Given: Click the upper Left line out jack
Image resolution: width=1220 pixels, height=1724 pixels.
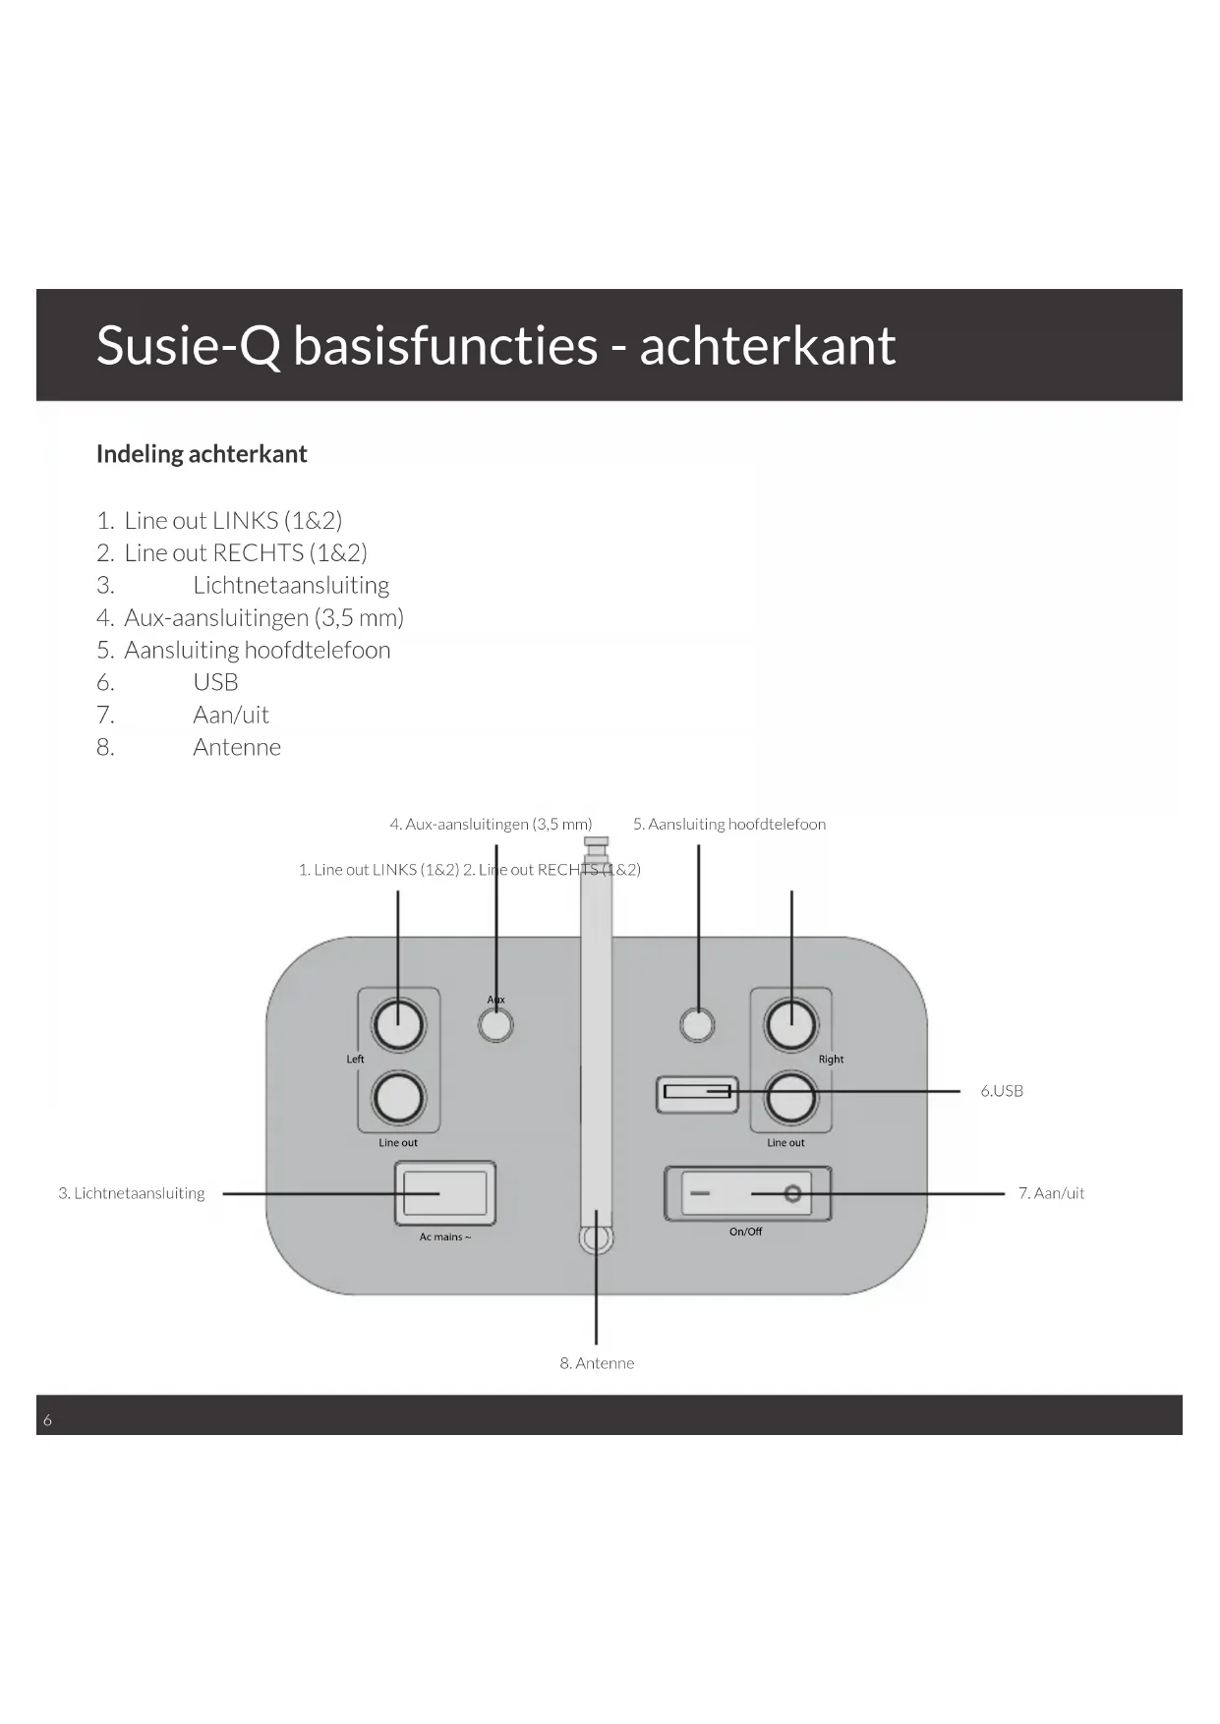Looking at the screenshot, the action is tap(398, 1024).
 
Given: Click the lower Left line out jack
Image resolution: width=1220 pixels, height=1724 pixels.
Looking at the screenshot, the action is tap(398, 1097).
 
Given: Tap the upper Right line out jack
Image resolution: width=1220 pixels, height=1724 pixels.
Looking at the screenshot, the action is tap(790, 1024).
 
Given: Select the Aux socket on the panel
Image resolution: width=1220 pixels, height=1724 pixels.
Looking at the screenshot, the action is tap(495, 1024).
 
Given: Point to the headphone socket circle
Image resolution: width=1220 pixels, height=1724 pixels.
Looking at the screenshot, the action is tap(697, 1024).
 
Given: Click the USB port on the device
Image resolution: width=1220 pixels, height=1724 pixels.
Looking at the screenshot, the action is tap(697, 1092).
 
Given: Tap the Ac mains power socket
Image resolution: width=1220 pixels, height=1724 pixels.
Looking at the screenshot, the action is tap(445, 1193).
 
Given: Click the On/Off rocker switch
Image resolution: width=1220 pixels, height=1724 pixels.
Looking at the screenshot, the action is tap(747, 1193).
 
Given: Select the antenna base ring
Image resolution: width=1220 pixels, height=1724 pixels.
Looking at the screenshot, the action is tap(596, 1237).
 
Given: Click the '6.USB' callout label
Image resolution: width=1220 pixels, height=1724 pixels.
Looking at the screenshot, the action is tap(1002, 1091).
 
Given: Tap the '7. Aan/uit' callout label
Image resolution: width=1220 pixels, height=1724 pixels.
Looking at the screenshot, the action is tap(1051, 1193).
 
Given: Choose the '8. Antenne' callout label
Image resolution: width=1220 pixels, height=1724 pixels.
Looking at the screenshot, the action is tap(597, 1363).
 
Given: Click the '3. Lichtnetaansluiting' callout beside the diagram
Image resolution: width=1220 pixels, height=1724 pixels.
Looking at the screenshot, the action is tap(132, 1193).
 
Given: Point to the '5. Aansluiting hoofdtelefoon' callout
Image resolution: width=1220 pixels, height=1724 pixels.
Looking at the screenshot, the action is tap(729, 825).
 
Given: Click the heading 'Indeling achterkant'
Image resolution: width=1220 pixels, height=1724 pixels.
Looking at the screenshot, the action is tap(202, 454).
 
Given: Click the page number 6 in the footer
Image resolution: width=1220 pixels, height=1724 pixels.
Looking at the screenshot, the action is tap(47, 1420).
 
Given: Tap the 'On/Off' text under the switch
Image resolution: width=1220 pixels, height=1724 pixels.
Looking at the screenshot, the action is tap(745, 1232).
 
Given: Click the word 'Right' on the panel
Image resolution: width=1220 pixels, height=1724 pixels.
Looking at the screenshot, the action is tap(831, 1060).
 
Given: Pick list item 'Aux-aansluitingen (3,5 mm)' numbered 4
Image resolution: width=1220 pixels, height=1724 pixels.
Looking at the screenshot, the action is tap(263, 618).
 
